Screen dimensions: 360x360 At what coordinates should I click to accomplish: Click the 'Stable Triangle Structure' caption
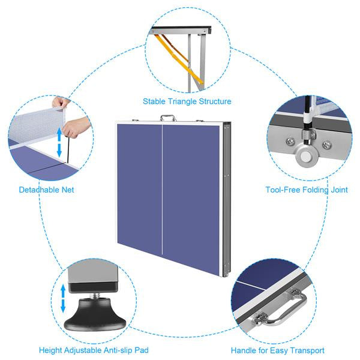[x=187, y=101]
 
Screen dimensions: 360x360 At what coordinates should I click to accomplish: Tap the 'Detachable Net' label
[x=46, y=190]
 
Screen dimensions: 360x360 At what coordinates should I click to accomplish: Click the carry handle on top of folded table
[x=169, y=118]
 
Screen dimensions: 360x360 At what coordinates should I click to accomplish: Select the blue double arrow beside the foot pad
[x=64, y=298]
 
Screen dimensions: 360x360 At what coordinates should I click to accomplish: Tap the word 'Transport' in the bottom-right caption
[x=307, y=350]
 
